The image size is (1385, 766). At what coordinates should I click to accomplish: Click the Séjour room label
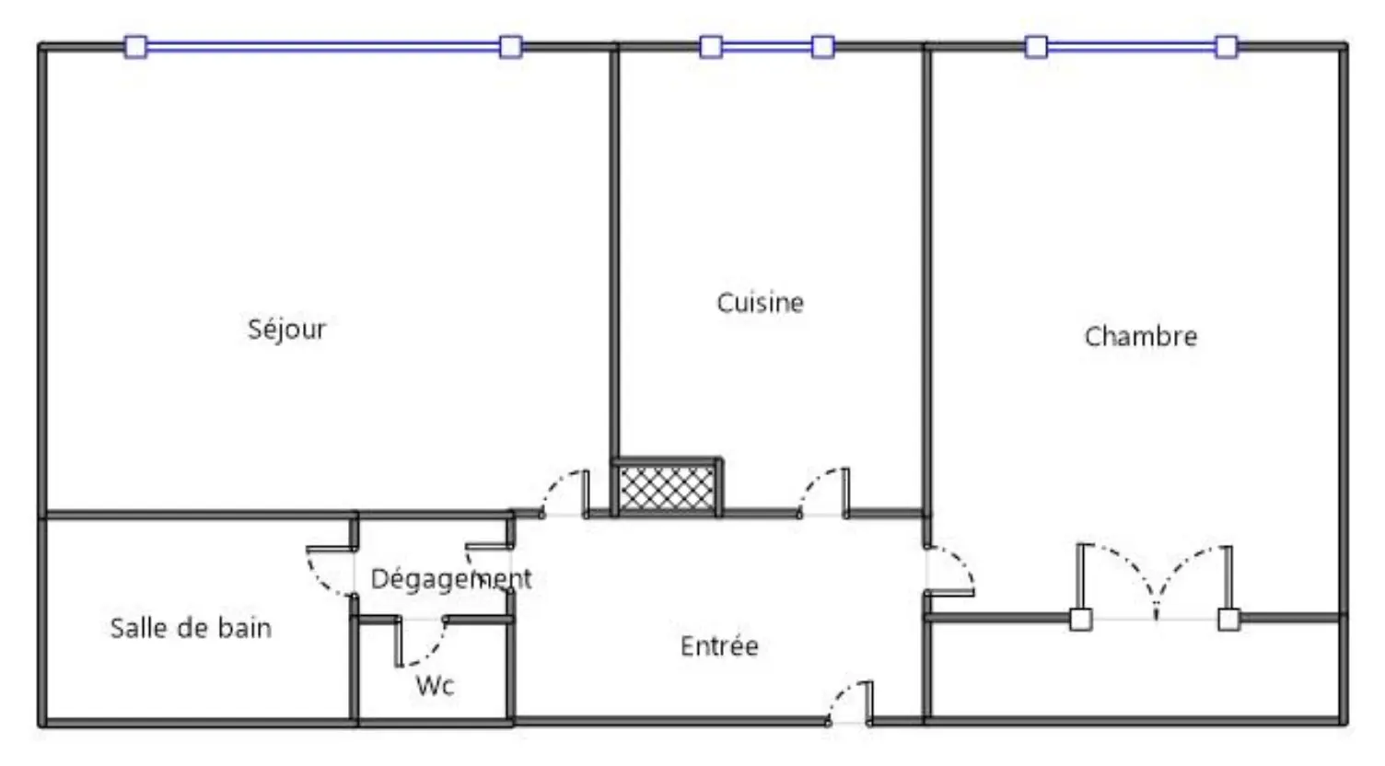click(287, 330)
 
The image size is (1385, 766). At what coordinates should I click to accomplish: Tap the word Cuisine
click(760, 303)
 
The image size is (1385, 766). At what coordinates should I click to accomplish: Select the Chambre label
click(1141, 336)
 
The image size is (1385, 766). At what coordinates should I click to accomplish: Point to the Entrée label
click(719, 646)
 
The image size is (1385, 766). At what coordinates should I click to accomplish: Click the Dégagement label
click(450, 579)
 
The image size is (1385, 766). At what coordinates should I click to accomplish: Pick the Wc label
click(436, 686)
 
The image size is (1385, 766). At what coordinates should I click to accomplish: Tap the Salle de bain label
click(191, 628)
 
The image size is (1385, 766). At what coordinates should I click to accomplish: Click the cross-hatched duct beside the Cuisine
click(667, 488)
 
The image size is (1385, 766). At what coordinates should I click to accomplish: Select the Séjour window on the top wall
click(322, 46)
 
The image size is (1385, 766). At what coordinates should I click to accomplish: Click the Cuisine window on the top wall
click(767, 46)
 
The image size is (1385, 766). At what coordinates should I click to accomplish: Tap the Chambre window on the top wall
click(1132, 46)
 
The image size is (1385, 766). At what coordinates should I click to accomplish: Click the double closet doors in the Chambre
click(1155, 581)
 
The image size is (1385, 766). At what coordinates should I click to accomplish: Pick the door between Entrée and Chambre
click(950, 571)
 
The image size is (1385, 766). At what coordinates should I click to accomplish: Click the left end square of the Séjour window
click(136, 46)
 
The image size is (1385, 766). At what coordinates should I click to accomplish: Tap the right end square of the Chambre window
click(1228, 46)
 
